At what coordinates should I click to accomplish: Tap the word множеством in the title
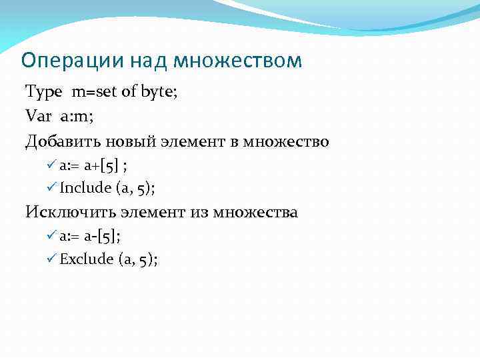pos(237,61)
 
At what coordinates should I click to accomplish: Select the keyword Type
pos(45,92)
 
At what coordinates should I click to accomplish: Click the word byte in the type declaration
pos(157,92)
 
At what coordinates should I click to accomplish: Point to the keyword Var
pos(38,117)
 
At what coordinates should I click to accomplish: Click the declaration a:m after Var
pos(76,117)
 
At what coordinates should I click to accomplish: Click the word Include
pos(85,188)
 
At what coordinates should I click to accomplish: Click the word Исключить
pos(71,213)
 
